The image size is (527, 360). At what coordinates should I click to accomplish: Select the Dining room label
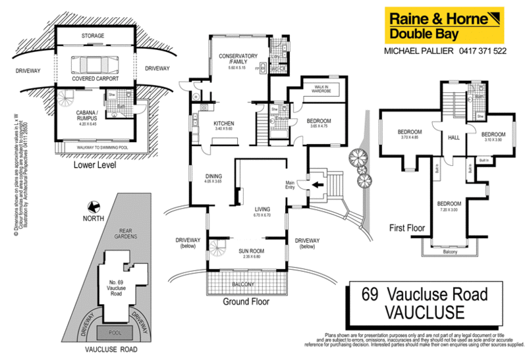coord(213,176)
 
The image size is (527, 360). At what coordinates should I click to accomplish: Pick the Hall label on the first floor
coord(454,138)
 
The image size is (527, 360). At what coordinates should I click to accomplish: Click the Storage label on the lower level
coord(96,35)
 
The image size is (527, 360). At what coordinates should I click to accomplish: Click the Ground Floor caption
coord(247,302)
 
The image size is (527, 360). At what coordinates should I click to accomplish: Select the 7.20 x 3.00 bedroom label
coord(449,207)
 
